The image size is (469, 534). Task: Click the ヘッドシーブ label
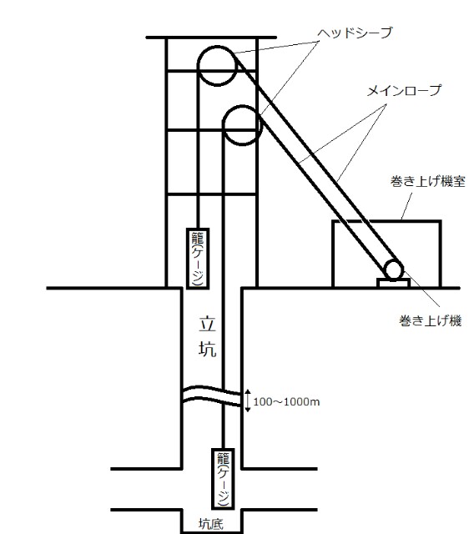pos(355,33)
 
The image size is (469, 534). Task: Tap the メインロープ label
pos(404,91)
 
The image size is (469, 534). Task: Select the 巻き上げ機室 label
pos(428,181)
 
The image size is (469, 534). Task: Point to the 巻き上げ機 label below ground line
pos(430,320)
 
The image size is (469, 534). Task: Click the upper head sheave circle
pos(199,66)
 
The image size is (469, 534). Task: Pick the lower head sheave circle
pos(223,125)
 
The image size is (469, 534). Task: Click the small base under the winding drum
pos(393,283)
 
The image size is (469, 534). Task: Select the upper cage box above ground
pos(188,258)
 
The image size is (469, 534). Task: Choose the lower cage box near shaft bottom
pos(213,478)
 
